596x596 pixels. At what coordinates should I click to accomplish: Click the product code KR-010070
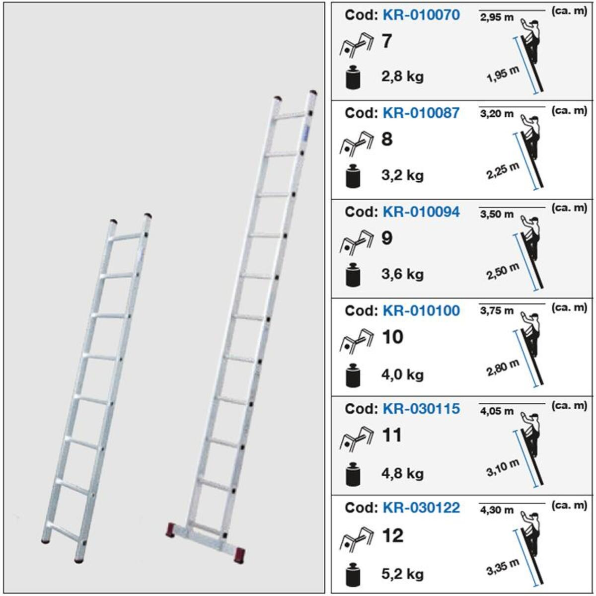pyautogui.click(x=421, y=15)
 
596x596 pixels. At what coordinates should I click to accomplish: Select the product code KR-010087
pyautogui.click(x=421, y=113)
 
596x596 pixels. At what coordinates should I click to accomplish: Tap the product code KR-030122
pyautogui.click(x=421, y=508)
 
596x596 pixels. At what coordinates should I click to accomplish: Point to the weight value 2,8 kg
pyautogui.click(x=402, y=76)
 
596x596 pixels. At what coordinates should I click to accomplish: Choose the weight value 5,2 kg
pyautogui.click(x=402, y=574)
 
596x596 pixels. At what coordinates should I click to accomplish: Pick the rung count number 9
pyautogui.click(x=387, y=238)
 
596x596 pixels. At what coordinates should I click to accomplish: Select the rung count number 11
pyautogui.click(x=391, y=435)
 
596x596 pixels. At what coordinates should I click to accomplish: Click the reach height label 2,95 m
pyautogui.click(x=497, y=18)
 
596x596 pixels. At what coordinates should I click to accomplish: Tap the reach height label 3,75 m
pyautogui.click(x=497, y=311)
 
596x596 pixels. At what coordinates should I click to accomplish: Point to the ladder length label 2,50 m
pyautogui.click(x=503, y=271)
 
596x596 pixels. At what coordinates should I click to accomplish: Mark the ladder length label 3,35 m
pyautogui.click(x=503, y=567)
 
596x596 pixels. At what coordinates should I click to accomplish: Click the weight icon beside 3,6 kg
pyautogui.click(x=353, y=275)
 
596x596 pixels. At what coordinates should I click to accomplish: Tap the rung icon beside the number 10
pyautogui.click(x=356, y=340)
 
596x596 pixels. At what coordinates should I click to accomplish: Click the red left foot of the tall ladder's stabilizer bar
pyautogui.click(x=171, y=529)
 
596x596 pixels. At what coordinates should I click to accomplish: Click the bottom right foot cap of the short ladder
pyautogui.click(x=79, y=560)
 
